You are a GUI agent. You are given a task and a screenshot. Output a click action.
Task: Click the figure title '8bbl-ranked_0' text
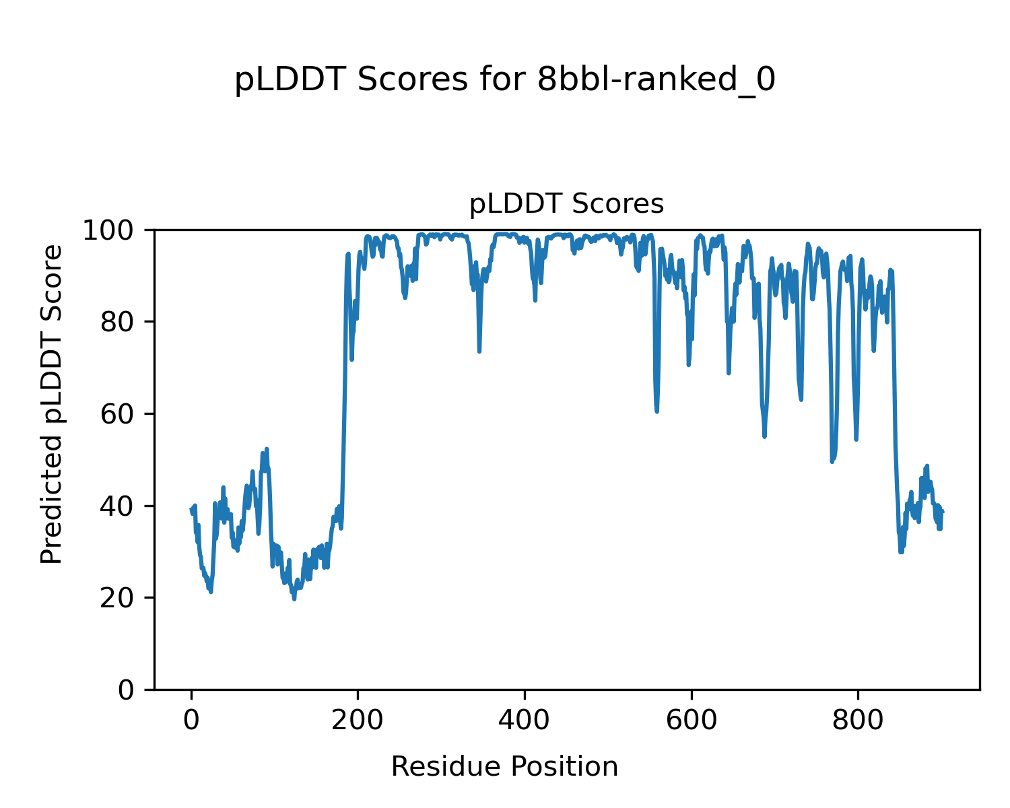656,81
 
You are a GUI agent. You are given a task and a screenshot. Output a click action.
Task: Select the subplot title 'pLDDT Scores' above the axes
566,204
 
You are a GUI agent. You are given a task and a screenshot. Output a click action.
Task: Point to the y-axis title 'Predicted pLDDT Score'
52,404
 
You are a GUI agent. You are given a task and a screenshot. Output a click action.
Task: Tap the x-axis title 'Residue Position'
504,766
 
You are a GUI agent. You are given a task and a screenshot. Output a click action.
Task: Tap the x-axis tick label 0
191,720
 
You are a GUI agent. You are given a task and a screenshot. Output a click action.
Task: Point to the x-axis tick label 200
358,720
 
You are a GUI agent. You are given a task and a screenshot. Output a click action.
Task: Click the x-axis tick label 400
525,720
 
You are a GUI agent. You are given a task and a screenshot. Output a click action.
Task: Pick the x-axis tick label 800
858,720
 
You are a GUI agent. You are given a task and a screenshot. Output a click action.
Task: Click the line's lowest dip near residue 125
294,599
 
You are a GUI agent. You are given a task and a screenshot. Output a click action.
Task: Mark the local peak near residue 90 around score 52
267,449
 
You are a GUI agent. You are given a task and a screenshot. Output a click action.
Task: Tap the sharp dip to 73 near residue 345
479,351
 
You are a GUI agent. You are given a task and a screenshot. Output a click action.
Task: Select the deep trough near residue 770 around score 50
832,461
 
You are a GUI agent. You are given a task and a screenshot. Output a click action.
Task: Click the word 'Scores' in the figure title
412,81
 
